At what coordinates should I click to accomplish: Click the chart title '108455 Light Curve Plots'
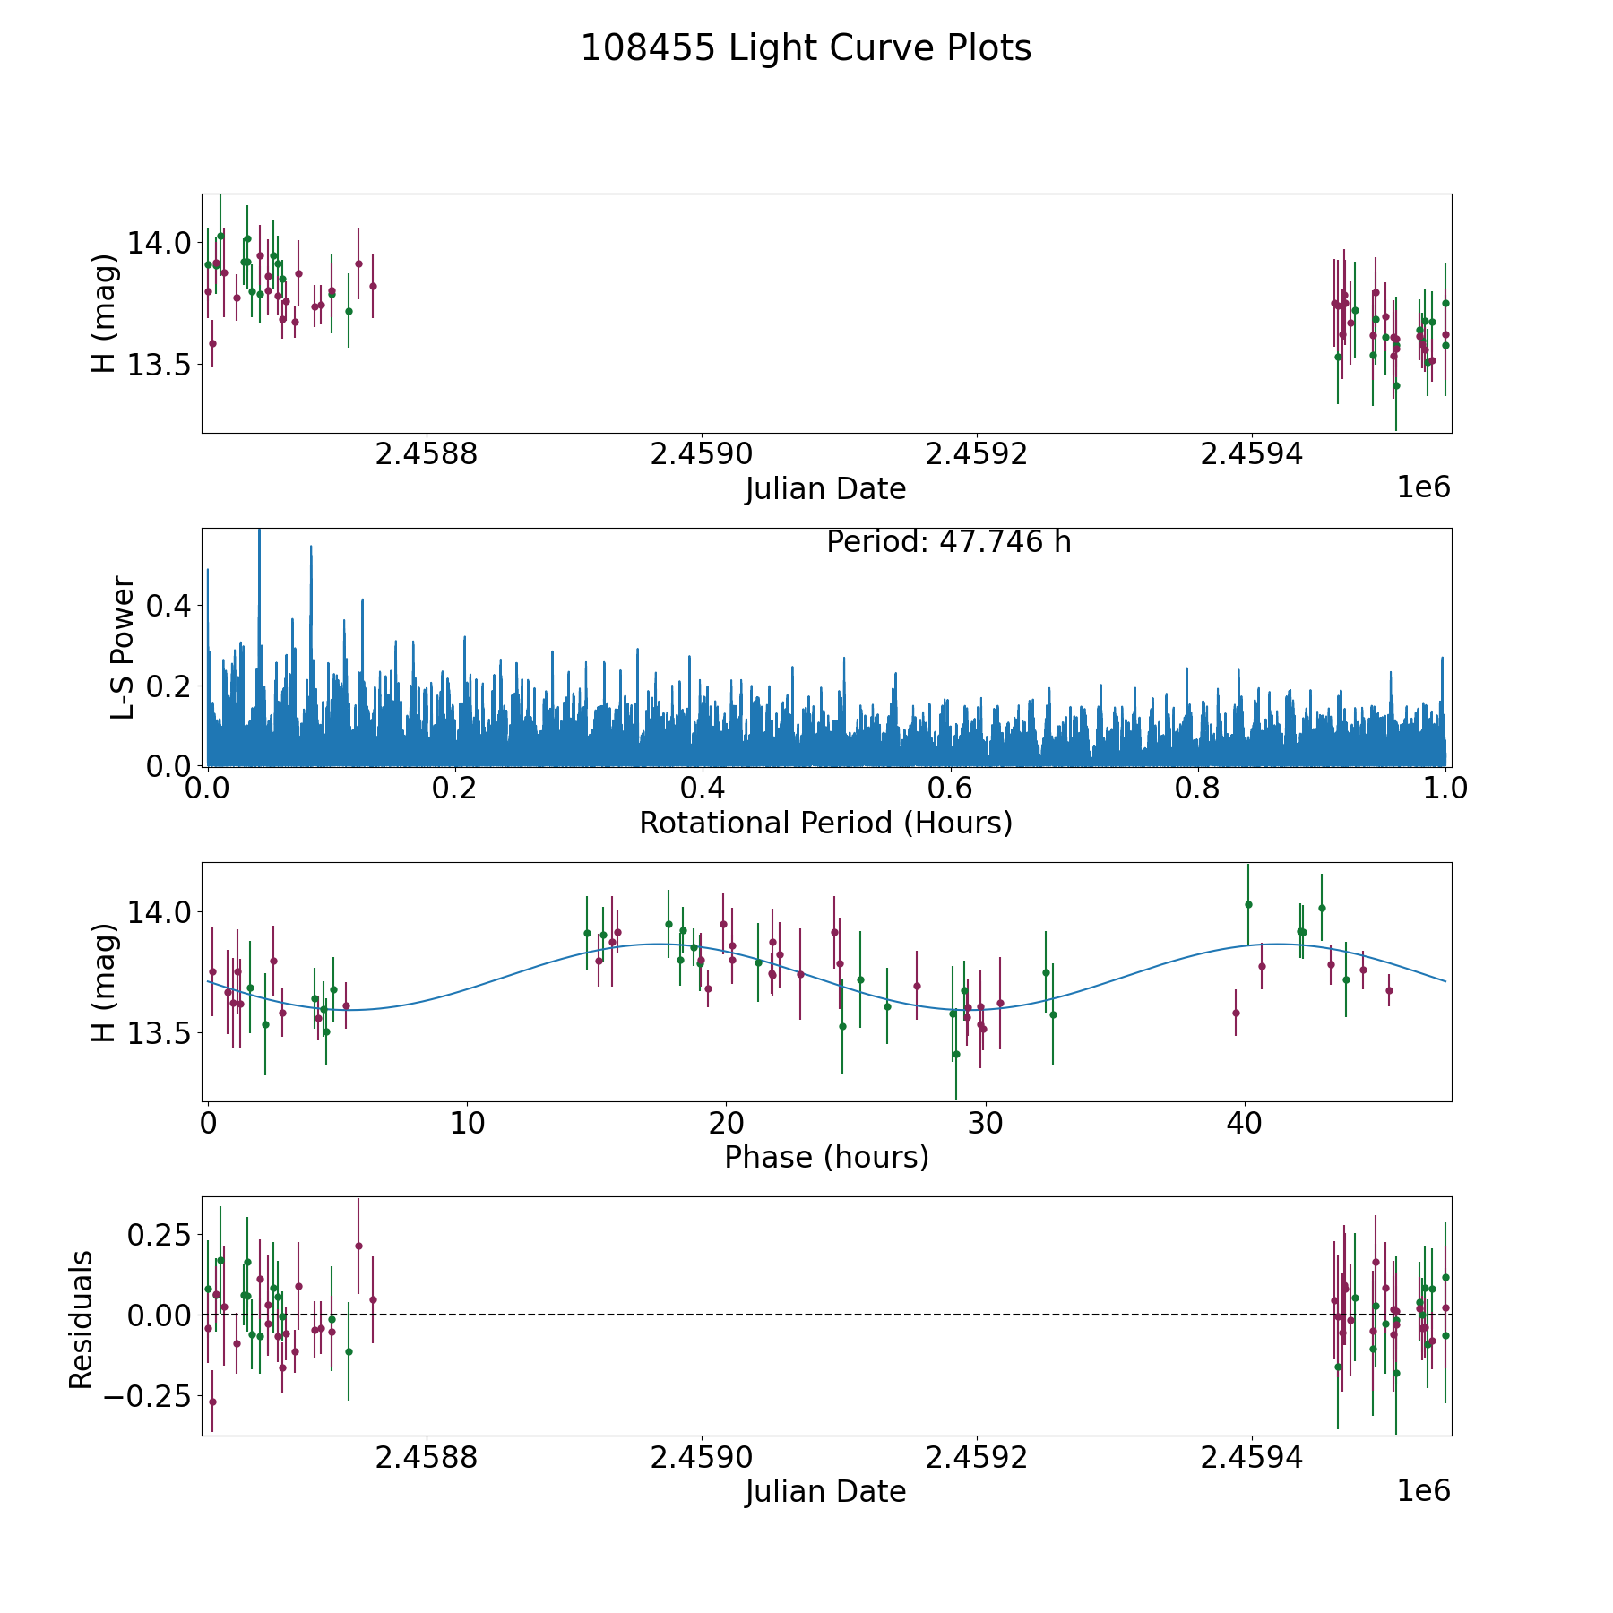(806, 48)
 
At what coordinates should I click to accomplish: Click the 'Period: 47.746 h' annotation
(948, 542)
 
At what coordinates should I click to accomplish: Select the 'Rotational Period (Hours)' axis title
(825, 823)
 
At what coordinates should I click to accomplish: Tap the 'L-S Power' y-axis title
(123, 647)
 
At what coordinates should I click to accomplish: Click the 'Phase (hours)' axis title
(825, 1157)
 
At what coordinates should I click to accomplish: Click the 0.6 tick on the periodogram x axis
(950, 789)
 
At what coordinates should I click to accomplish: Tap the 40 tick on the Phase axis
(1245, 1123)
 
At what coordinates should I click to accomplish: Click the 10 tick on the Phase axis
(467, 1123)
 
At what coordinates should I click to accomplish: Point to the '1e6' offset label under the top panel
(1423, 487)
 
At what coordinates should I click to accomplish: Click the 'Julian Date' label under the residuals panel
(825, 1492)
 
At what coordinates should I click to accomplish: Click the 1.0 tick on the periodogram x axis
(1445, 789)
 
